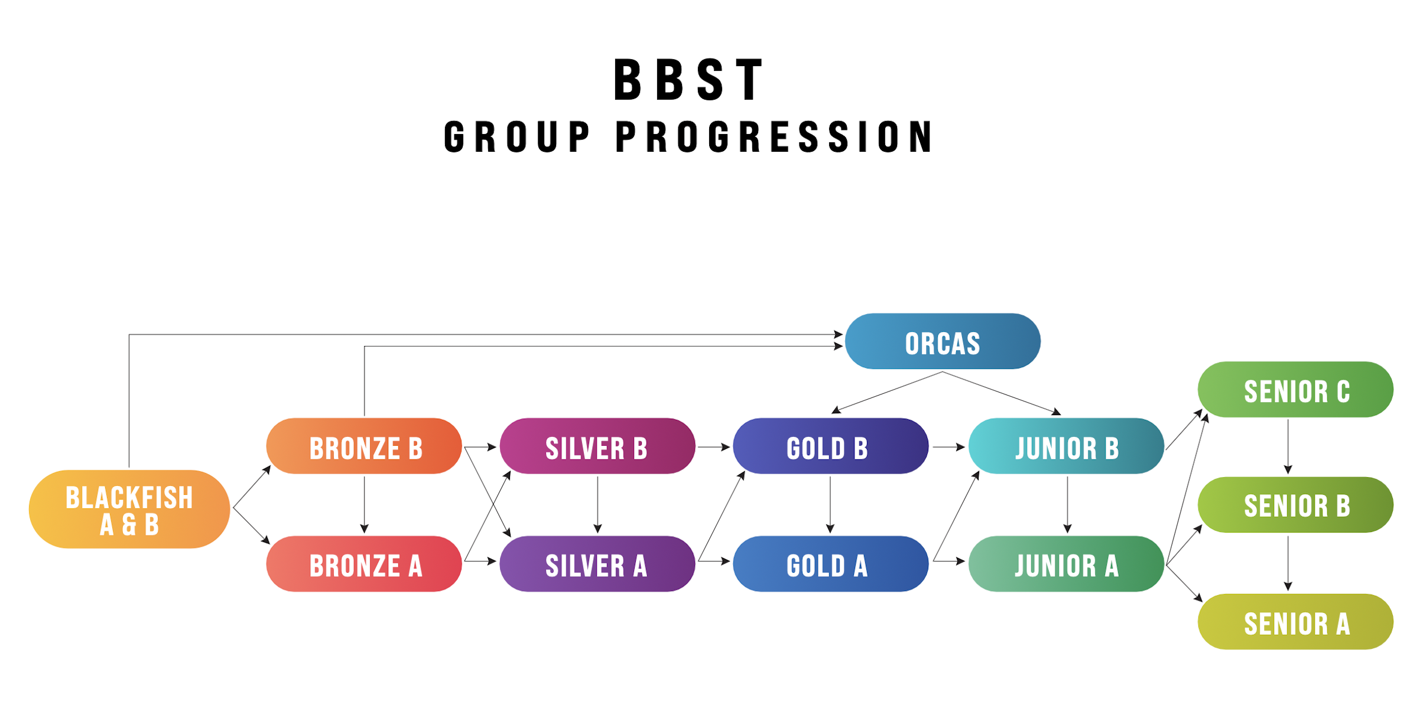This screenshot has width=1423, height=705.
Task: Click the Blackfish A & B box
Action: tap(129, 509)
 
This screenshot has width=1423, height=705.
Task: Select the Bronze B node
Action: tap(364, 446)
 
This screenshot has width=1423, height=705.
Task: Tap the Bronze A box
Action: tap(364, 564)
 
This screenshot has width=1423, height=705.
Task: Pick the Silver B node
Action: tap(597, 446)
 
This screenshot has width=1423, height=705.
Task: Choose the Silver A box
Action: tap(597, 564)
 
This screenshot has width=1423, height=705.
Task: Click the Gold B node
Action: tap(831, 446)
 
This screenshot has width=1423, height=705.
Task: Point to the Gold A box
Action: tap(831, 564)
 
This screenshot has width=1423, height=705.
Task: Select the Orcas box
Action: tap(943, 341)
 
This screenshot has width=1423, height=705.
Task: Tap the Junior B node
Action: tap(1067, 446)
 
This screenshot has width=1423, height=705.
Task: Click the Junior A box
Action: tap(1067, 564)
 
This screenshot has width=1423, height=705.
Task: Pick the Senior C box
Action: tap(1295, 390)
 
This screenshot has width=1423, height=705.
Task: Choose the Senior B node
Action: tap(1295, 505)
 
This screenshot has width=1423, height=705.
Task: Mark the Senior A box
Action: tap(1295, 622)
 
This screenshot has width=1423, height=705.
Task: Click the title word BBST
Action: tap(689, 80)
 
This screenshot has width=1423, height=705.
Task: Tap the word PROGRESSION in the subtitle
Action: tap(774, 137)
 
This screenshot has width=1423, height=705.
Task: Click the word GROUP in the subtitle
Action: tap(517, 137)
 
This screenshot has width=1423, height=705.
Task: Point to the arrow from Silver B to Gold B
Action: tap(714, 447)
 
